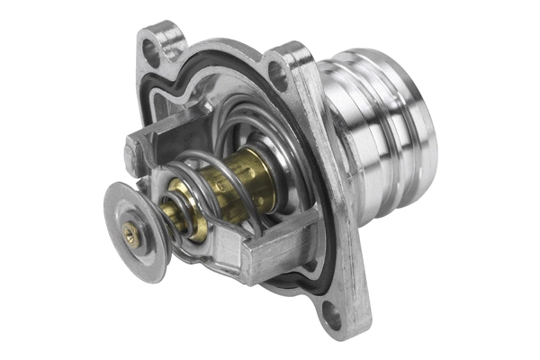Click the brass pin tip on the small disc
point(132,233)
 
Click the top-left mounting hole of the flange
point(151,52)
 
